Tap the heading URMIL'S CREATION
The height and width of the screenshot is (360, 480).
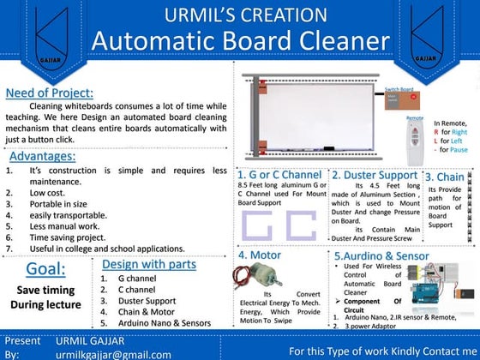[x=240, y=15]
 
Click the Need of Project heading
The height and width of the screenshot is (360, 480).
[x=50, y=93]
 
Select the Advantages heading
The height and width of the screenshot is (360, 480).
[x=43, y=156]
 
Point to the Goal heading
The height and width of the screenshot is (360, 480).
[x=45, y=269]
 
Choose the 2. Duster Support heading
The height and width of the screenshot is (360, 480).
[x=375, y=174]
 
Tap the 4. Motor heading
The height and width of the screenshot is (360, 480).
[x=262, y=255]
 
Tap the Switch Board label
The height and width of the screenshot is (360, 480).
[x=400, y=89]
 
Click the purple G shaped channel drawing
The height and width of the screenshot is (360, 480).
[x=258, y=225]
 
